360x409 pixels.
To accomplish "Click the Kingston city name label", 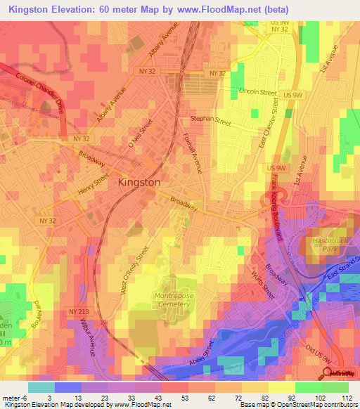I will [139, 181].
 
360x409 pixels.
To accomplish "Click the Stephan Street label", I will [210, 121].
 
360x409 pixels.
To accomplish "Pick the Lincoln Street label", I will [258, 92].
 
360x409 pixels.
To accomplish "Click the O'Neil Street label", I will [140, 134].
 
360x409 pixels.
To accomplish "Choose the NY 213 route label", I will [79, 311].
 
